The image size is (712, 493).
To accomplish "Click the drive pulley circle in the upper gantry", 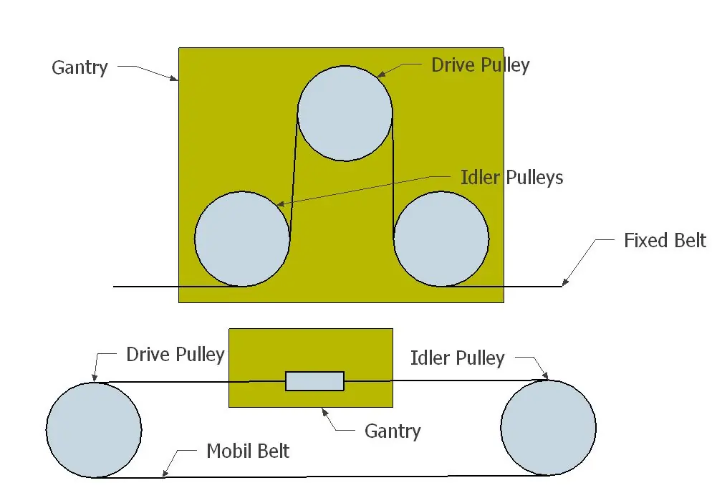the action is (x=345, y=113).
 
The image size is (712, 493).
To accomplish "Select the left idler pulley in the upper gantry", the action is (x=242, y=239).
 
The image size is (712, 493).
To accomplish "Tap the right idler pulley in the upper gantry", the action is (x=441, y=239).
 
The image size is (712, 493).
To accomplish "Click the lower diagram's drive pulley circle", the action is (x=94, y=430).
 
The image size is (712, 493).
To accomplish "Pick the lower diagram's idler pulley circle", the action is (x=549, y=428).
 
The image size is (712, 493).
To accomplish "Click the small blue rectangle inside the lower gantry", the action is (x=314, y=381).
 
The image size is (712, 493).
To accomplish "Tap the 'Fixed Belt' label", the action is (x=665, y=240).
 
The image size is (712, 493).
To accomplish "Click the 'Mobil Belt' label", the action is (x=248, y=451).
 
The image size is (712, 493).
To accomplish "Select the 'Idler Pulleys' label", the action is (x=511, y=178).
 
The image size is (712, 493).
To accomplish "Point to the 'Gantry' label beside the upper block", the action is (x=80, y=67).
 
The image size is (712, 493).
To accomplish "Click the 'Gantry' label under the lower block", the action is (x=393, y=431).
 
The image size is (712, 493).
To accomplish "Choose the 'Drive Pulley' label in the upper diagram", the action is (x=481, y=65).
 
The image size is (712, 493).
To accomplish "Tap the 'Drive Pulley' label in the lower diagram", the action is (x=175, y=355).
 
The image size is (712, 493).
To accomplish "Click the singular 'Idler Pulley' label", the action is (x=457, y=358).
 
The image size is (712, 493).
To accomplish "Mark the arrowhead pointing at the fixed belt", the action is (x=565, y=282).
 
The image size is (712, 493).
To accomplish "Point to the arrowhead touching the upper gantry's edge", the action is (x=174, y=78).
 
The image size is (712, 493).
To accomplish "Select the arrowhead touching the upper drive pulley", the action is (x=381, y=74).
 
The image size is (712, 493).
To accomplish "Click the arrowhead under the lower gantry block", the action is (x=324, y=411).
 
